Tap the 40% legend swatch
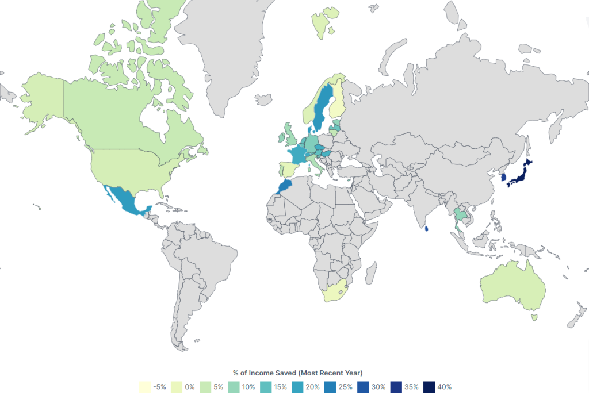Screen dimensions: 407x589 pos(429,387)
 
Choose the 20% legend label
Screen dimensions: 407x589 pos(312,387)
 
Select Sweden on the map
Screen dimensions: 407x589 pos(323,106)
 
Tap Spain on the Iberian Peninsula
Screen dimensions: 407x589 pos(288,171)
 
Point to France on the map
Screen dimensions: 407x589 pos(298,155)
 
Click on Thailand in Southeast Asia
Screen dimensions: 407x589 pos(460,218)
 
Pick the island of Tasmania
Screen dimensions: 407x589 pos(534,317)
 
